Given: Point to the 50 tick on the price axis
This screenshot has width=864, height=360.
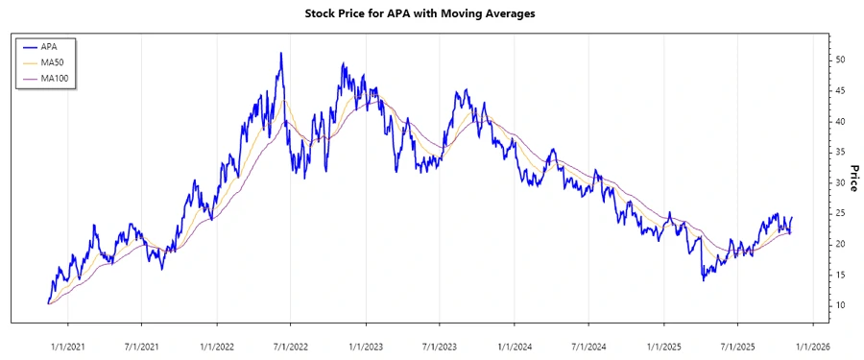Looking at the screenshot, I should [x=841, y=60].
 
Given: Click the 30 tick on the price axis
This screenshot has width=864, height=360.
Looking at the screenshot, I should [x=841, y=182].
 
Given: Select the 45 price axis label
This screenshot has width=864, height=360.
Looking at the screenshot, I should [x=841, y=90].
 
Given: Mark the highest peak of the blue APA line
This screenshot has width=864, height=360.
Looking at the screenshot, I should [x=280, y=53].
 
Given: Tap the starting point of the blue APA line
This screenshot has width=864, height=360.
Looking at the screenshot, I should [x=48, y=303].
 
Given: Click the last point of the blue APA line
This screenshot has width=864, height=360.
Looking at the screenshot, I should [x=792, y=218].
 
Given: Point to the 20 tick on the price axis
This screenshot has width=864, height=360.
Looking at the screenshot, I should [x=841, y=244].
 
